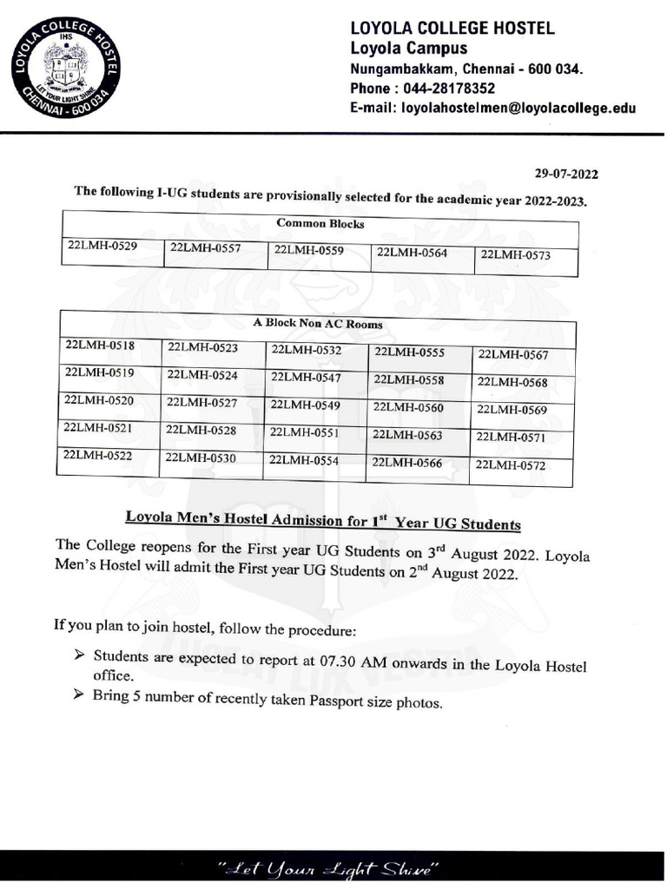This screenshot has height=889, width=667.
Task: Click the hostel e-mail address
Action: [x=518, y=109]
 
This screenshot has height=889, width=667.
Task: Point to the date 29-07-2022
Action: [x=566, y=174]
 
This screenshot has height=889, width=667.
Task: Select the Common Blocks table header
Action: [x=320, y=224]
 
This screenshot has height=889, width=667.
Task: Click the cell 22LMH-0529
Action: [x=102, y=246]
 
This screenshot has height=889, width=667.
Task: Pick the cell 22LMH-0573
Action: [x=515, y=255]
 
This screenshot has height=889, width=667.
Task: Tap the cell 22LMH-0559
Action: [x=308, y=250]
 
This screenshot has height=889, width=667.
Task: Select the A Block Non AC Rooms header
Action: [x=317, y=324]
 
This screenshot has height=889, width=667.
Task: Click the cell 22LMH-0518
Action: [x=100, y=346]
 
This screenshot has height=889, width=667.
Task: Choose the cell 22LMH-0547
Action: [x=306, y=378]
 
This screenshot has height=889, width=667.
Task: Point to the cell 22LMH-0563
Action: [x=407, y=435]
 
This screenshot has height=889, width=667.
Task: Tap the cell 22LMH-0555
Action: [x=409, y=352]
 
